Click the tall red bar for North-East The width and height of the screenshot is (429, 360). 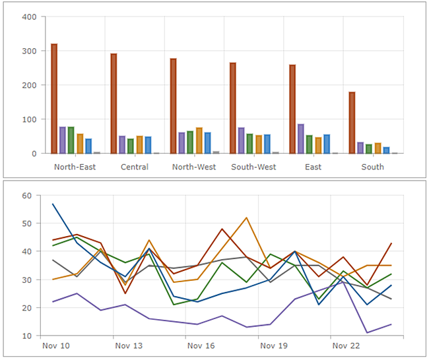tap(54, 99)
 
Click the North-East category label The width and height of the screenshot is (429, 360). tap(75, 167)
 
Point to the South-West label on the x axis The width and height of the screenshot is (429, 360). tap(253, 167)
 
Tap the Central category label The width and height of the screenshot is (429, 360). tap(134, 167)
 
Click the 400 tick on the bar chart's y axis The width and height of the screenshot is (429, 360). tap(29, 16)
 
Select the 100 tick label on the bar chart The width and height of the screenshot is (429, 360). tap(29, 119)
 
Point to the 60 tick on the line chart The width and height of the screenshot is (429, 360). tap(27, 195)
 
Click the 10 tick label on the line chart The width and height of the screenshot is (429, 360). tap(27, 336)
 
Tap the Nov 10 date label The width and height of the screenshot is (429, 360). tap(55, 345)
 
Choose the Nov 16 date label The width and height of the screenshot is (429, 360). tap(201, 345)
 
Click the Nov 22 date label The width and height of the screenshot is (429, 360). tap(345, 345)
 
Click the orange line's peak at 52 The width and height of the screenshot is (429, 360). tap(246, 218)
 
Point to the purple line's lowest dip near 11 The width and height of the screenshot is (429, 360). tap(367, 333)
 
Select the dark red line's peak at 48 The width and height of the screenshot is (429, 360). tap(222, 229)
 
